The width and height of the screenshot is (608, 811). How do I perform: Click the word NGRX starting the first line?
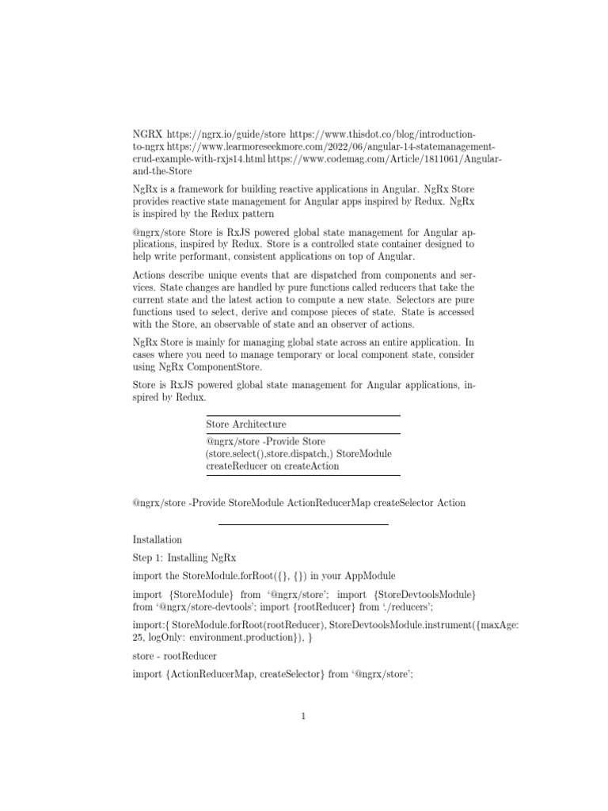click(x=146, y=135)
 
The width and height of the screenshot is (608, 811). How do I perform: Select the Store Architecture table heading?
click(x=246, y=425)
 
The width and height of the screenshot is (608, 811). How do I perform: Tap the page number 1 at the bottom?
click(x=303, y=717)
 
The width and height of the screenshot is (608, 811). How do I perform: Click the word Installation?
click(x=158, y=539)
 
